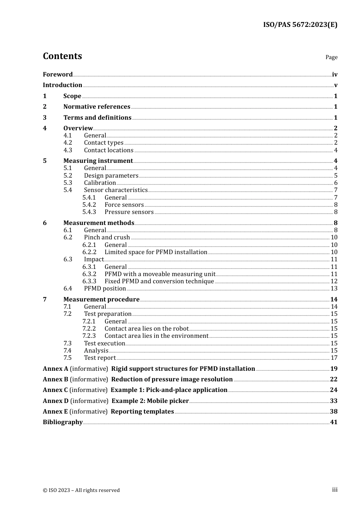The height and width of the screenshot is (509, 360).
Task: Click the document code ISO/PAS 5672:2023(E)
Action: tap(300, 25)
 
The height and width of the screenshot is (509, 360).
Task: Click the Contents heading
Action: tap(62, 56)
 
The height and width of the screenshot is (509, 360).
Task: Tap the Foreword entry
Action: tap(58, 75)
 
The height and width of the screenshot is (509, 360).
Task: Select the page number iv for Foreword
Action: tap(335, 75)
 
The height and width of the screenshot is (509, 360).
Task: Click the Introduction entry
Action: tap(63, 85)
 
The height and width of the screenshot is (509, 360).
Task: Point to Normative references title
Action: tap(97, 107)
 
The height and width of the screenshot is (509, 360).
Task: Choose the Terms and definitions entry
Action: tap(97, 118)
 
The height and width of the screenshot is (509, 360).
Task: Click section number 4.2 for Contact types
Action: tap(67, 143)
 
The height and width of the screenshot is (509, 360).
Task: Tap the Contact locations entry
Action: tap(109, 150)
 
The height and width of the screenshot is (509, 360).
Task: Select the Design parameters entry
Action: tap(111, 176)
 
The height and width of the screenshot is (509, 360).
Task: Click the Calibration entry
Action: tap(100, 183)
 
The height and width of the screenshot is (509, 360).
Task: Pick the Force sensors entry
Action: tap(124, 205)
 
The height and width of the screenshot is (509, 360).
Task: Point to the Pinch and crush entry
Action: tap(107, 237)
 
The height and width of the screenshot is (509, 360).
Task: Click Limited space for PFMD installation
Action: tap(156, 252)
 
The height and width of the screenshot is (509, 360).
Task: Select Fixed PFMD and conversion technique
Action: tap(159, 281)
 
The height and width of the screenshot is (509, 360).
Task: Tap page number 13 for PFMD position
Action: tap(334, 289)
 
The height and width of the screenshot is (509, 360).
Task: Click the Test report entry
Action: tap(100, 358)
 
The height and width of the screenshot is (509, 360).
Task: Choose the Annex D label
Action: tap(56, 401)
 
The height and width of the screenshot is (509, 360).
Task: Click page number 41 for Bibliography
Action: tap(334, 422)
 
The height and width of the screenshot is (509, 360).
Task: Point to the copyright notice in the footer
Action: tap(81, 490)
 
